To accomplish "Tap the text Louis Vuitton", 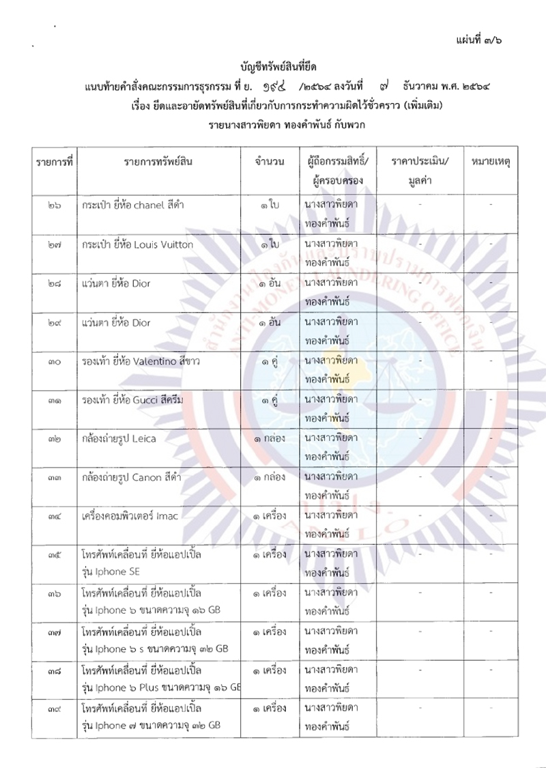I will click(x=160, y=244).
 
